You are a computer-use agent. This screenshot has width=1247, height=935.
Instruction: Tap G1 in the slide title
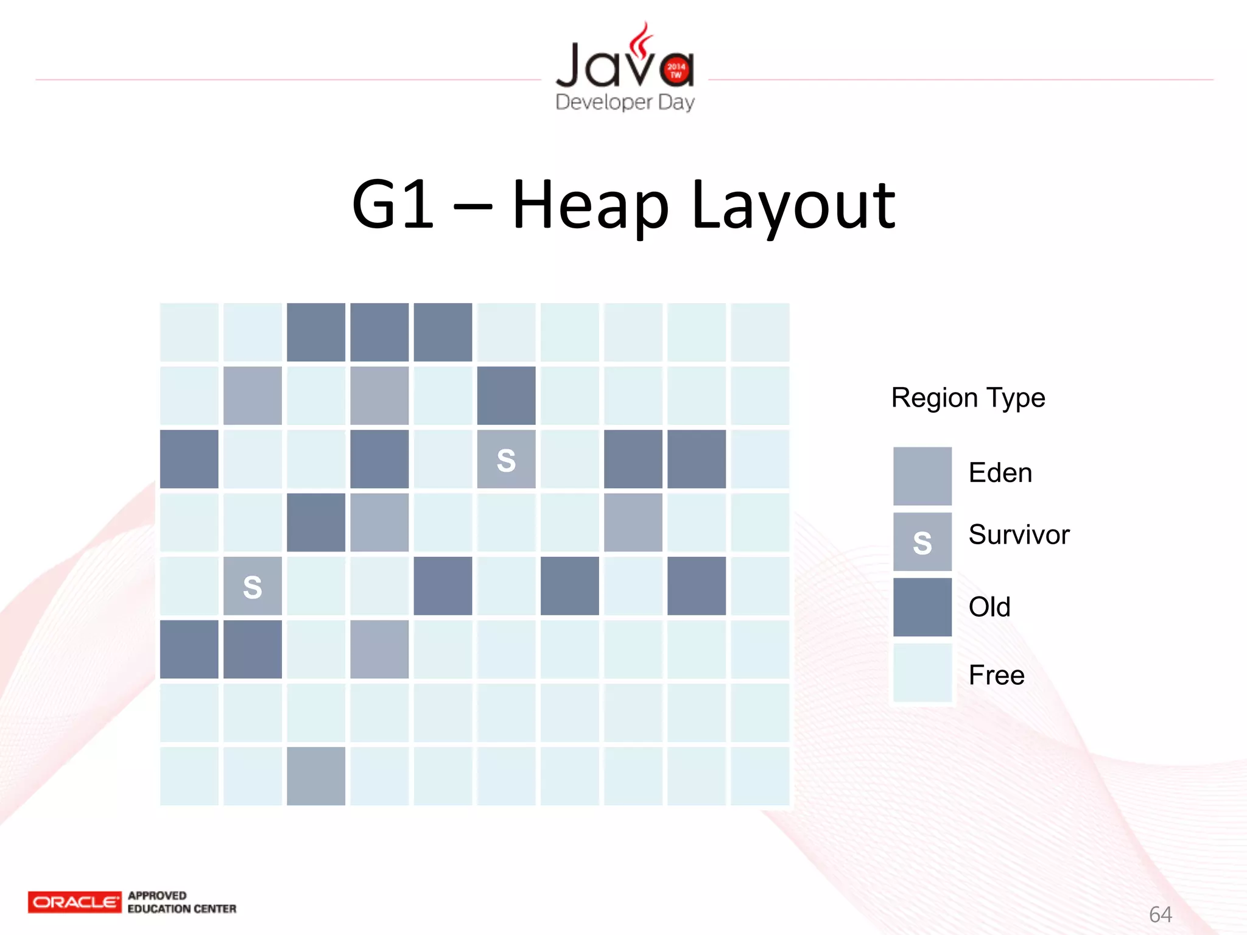tap(393, 206)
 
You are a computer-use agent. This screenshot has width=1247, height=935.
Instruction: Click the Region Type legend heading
tap(968, 398)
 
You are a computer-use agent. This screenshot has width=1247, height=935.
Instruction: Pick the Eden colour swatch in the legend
tap(922, 476)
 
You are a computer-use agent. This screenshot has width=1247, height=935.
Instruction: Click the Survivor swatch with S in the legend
tap(922, 542)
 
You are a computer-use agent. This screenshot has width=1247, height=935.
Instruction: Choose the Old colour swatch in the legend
tap(922, 607)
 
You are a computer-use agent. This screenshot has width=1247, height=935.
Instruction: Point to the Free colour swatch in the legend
tap(922, 673)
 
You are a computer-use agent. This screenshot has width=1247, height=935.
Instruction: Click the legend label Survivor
tap(1019, 535)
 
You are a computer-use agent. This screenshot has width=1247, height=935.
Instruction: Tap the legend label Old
tap(989, 607)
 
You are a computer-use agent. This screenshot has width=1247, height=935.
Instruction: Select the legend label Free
tap(997, 675)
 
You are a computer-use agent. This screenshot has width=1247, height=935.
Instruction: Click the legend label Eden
tap(1000, 473)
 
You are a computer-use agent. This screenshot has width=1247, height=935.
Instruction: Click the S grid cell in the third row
tap(506, 459)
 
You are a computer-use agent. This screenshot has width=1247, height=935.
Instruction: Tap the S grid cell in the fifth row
tap(253, 586)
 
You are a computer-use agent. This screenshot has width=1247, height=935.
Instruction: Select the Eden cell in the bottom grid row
tap(316, 776)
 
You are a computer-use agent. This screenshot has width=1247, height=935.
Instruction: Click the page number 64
tap(1160, 914)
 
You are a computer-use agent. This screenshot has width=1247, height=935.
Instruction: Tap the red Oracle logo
tap(74, 902)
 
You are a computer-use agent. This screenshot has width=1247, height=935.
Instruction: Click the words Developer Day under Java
tap(625, 102)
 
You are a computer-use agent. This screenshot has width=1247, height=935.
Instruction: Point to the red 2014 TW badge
tap(676, 71)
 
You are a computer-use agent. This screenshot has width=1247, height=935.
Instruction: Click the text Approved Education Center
tap(181, 902)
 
